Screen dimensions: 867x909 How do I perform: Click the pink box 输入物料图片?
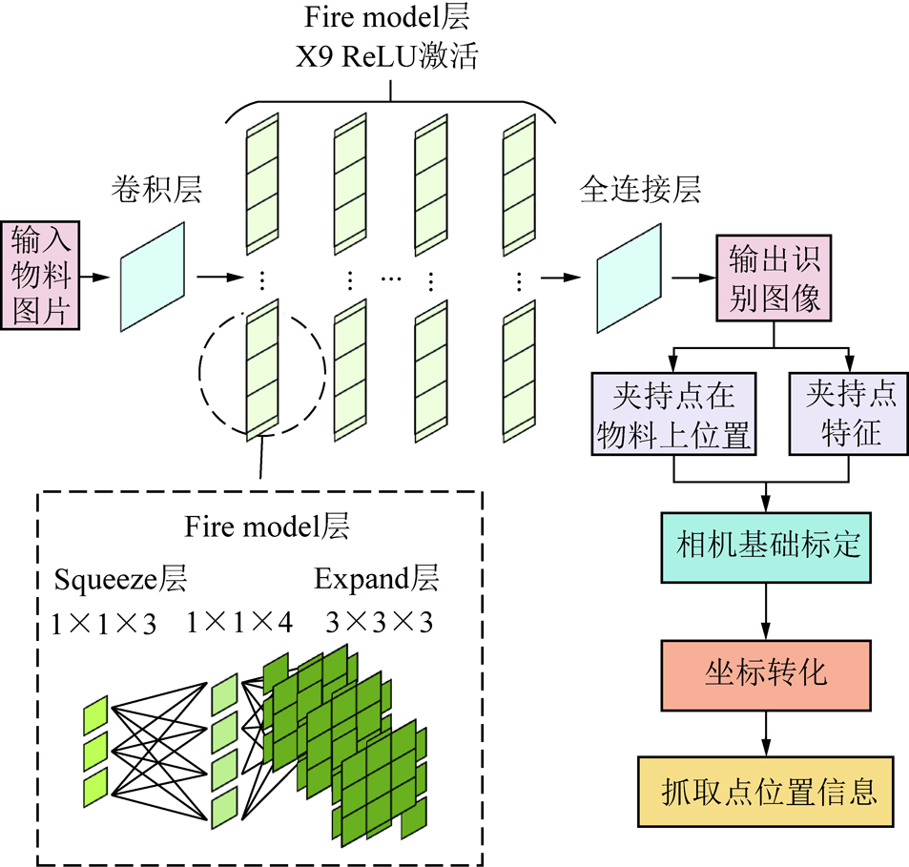[x=41, y=275]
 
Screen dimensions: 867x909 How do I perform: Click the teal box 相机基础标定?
[x=766, y=546]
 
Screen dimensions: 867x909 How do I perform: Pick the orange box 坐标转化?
[x=766, y=673]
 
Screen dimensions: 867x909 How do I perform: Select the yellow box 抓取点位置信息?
[x=766, y=793]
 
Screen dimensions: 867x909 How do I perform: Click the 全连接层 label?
[x=640, y=190]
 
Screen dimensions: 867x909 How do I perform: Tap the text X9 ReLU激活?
[x=390, y=57]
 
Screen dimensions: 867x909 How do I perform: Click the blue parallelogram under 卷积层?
[x=153, y=278]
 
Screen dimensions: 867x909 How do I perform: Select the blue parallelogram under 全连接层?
[x=629, y=278]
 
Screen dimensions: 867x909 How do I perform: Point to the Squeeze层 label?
[x=120, y=579]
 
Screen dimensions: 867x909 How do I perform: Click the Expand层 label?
[x=377, y=579]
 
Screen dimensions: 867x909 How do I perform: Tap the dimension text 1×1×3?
[x=103, y=624]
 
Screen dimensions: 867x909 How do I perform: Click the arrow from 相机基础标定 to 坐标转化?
[x=766, y=611]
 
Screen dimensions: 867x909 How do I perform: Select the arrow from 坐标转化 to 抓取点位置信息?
[x=766, y=733]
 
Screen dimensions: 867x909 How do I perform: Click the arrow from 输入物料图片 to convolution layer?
[x=95, y=278]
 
